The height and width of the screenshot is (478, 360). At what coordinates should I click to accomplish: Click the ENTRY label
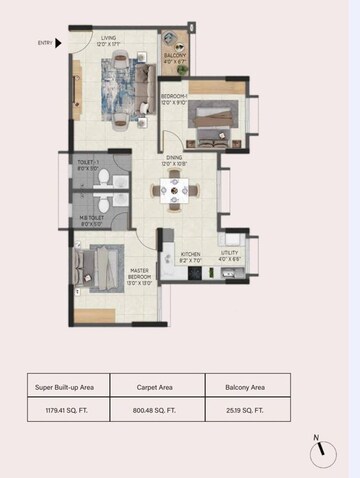[x=44, y=43]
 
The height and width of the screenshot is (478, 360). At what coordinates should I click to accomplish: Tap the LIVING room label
[x=110, y=39]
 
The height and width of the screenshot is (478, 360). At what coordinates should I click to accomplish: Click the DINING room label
[x=175, y=160]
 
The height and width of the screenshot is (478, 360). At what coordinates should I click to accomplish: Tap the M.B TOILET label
[x=92, y=219]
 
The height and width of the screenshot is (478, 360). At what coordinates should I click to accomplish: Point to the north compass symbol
[x=323, y=454]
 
